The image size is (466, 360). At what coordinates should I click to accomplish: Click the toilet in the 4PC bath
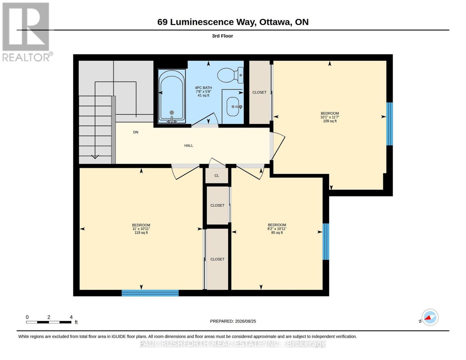(x=230, y=75)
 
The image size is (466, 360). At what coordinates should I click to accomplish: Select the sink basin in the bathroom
(x=233, y=106)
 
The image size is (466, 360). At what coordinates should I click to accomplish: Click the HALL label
(x=188, y=145)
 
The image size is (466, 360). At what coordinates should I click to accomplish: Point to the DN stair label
(x=136, y=132)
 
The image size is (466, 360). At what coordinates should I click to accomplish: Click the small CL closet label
(x=217, y=175)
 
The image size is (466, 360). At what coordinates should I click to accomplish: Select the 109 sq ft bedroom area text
(x=329, y=121)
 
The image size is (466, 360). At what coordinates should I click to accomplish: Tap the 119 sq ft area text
(x=141, y=232)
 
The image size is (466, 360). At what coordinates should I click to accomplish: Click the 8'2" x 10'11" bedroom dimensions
(x=277, y=229)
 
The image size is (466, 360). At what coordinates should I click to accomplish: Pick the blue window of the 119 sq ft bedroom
(x=150, y=293)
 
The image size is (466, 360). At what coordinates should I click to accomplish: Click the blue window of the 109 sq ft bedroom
(x=389, y=124)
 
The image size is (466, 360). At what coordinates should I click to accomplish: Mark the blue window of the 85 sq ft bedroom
(x=326, y=241)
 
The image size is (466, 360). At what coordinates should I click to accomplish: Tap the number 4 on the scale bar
(x=71, y=317)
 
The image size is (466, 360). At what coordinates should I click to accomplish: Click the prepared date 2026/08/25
(x=245, y=321)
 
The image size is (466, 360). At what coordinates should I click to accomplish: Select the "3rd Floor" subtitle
(x=222, y=36)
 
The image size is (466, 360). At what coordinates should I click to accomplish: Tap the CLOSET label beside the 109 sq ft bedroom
(x=259, y=92)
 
